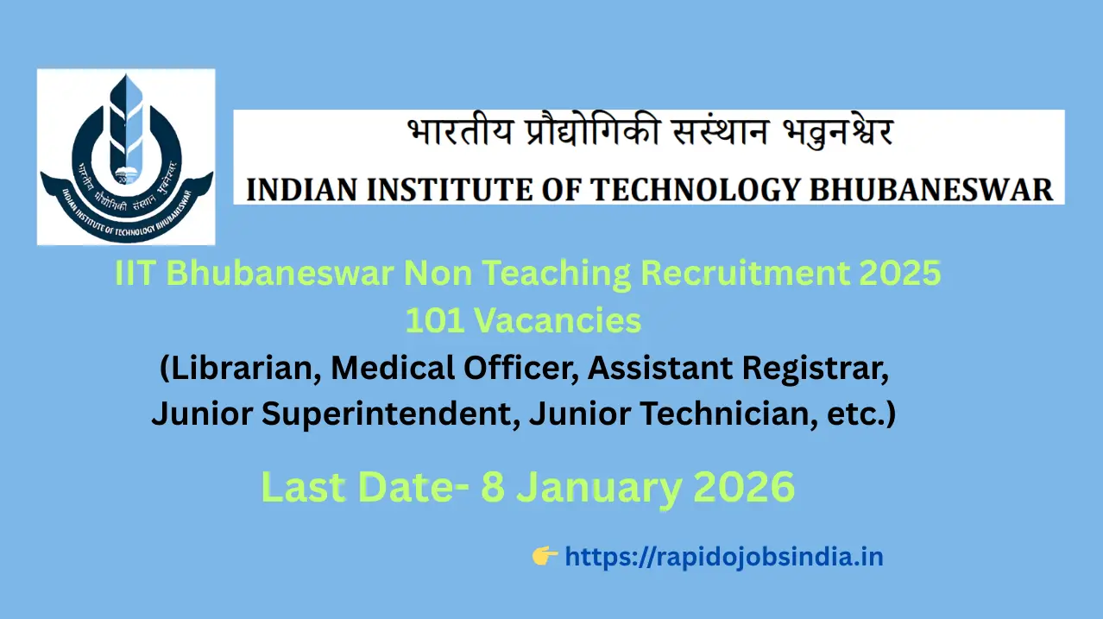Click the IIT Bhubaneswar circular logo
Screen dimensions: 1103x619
tap(126, 157)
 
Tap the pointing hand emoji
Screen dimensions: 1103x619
tap(545, 556)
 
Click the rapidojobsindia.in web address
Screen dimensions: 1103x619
tap(724, 557)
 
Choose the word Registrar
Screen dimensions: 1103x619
tap(816, 368)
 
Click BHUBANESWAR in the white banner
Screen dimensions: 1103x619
tap(930, 190)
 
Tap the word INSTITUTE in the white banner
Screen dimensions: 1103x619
tap(449, 190)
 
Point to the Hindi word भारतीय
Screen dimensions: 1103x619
tap(460, 132)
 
